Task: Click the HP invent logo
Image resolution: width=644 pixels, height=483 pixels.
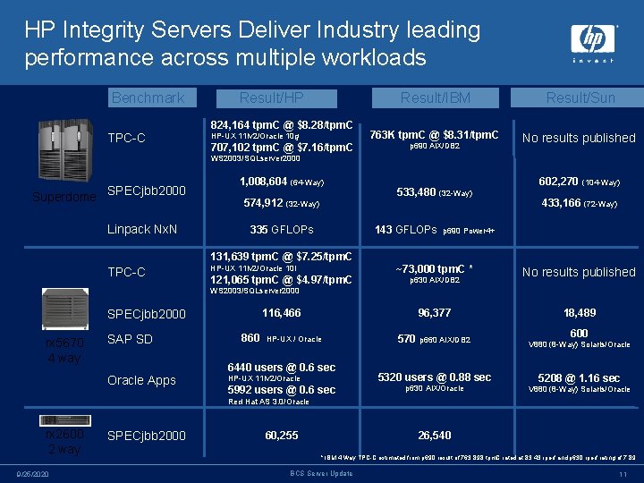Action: click(594, 43)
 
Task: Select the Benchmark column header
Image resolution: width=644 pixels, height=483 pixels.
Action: click(148, 97)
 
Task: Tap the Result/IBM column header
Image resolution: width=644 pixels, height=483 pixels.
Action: click(435, 97)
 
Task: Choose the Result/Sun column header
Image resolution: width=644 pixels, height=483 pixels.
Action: click(580, 97)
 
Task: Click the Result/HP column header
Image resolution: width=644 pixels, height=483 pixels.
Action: click(271, 97)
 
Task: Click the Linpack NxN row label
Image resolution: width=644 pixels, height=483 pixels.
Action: click(142, 229)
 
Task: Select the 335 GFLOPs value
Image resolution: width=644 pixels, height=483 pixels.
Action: click(281, 230)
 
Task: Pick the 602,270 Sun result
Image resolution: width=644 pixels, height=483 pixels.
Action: click(557, 181)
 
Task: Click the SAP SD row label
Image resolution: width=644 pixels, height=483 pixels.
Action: click(130, 339)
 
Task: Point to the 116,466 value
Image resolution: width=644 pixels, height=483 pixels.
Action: click(281, 313)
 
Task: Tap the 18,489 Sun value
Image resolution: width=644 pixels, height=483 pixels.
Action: click(580, 313)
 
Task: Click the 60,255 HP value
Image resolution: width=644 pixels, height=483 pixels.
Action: click(282, 436)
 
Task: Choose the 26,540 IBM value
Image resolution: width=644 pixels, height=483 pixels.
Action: click(435, 436)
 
